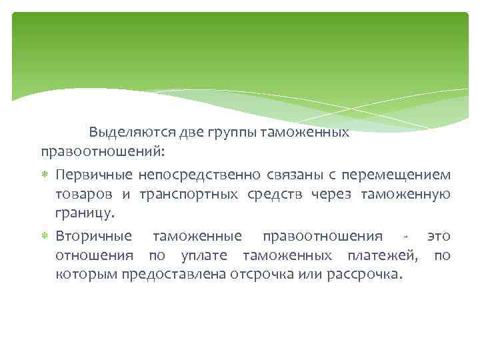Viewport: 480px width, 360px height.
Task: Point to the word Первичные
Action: (x=94, y=175)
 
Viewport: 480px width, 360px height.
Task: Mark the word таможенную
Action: (x=405, y=194)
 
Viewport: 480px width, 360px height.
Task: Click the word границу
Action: (x=85, y=214)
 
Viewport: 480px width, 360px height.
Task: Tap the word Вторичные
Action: (x=94, y=237)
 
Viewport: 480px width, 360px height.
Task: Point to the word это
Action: (x=439, y=237)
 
